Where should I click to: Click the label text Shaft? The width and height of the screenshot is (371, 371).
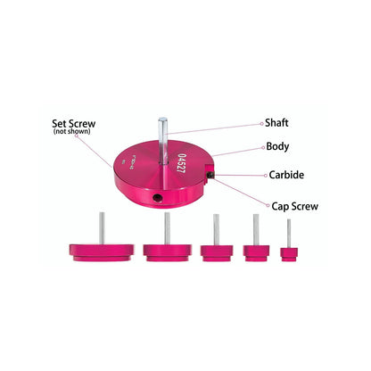click(x=276, y=122)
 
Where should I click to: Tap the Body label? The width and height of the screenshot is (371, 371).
click(x=277, y=146)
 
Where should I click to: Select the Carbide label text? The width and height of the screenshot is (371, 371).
click(x=286, y=175)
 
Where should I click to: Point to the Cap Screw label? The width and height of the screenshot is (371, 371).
click(x=294, y=206)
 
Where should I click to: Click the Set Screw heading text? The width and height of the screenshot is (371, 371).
click(x=74, y=123)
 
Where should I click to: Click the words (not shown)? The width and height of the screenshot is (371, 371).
click(x=72, y=131)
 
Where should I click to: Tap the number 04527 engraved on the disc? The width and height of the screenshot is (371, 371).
click(x=181, y=163)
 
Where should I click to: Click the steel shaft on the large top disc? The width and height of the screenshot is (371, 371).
click(x=162, y=141)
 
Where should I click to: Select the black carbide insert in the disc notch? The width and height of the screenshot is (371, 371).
click(x=210, y=175)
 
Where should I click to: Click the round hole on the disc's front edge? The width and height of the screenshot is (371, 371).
click(x=157, y=197)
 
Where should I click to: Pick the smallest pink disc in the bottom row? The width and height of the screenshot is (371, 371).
click(x=289, y=254)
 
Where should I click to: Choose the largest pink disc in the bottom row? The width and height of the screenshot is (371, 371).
click(x=102, y=252)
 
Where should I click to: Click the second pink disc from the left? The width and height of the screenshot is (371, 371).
click(x=168, y=253)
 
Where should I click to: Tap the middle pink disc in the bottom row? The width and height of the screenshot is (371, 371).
click(x=217, y=253)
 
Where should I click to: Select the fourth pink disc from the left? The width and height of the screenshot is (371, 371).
click(x=256, y=253)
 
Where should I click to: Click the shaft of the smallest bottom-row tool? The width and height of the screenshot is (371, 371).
click(x=289, y=234)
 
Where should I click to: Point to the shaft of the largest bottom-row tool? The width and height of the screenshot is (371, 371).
click(x=102, y=228)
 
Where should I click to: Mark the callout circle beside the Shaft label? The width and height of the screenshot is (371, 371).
click(x=261, y=123)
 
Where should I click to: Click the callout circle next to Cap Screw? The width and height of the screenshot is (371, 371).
click(x=268, y=205)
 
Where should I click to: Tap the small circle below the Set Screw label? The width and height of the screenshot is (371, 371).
click(x=77, y=136)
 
